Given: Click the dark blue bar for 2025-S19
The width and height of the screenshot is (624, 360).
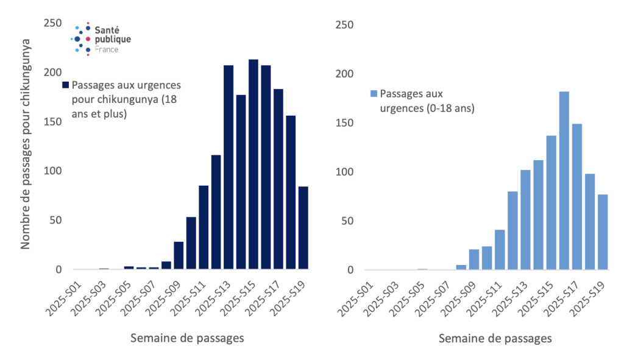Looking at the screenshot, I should pos(303,228).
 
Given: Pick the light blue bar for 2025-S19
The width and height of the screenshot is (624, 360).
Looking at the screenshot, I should pos(603,232).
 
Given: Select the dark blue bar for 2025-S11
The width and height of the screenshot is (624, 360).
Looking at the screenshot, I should pos(204,227).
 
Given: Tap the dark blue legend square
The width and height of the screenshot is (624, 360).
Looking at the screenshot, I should pos(66,85).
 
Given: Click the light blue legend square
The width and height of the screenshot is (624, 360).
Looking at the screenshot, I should pos(374,94).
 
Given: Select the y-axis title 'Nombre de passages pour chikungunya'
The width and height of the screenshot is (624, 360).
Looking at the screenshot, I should pos(26,144).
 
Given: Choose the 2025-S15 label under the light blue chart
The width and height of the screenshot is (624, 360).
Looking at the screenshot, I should pos(539,295).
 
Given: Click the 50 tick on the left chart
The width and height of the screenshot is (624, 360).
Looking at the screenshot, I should pos(55,220).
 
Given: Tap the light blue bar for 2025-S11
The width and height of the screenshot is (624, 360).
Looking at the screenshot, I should pos(500,250).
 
